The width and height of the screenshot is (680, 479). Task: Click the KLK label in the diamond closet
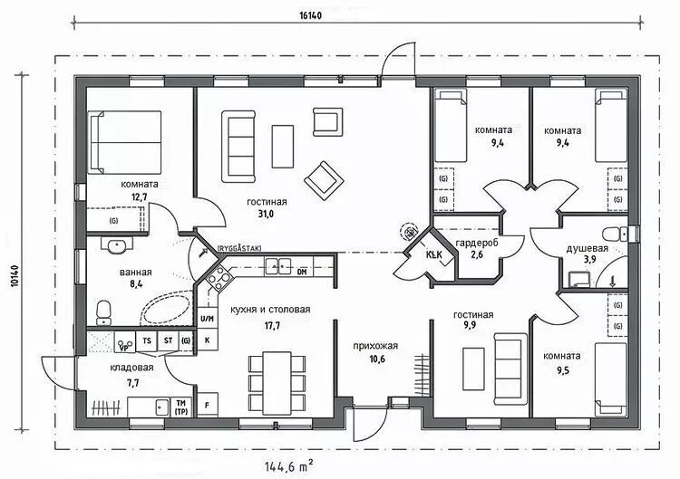click(433, 254)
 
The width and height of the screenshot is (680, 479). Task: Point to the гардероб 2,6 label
click(477, 249)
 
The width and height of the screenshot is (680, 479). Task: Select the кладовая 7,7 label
click(131, 375)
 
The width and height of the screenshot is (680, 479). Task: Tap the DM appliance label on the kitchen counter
click(302, 271)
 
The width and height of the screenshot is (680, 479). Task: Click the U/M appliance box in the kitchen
click(206, 319)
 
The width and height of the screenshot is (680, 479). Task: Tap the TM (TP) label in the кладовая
click(180, 406)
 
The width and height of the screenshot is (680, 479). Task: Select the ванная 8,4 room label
click(135, 278)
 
